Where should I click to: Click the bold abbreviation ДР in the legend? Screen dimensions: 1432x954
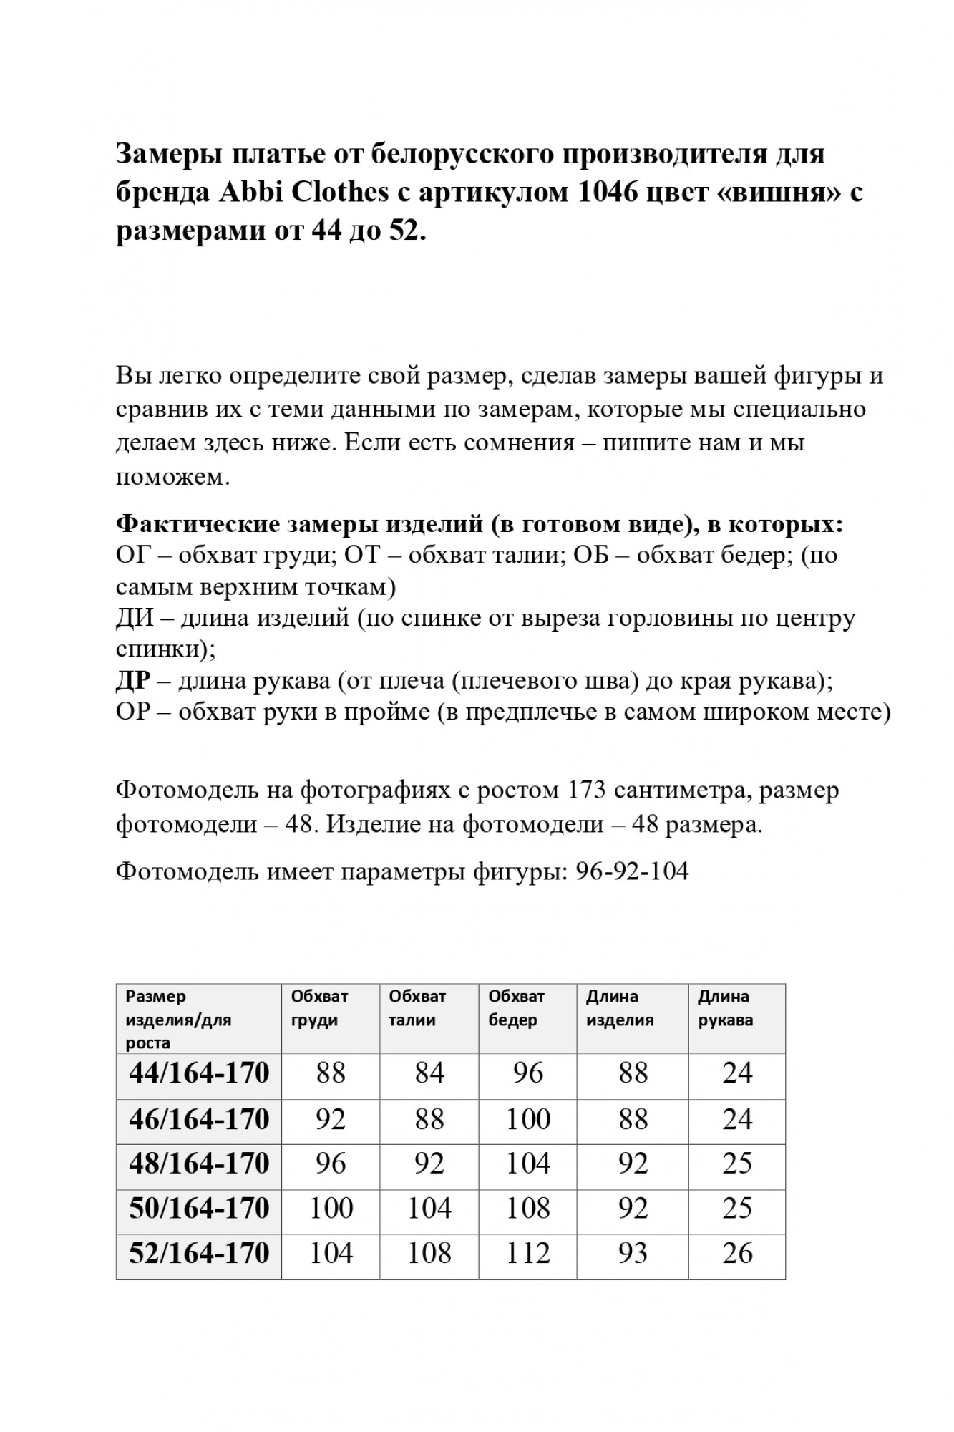click(133, 680)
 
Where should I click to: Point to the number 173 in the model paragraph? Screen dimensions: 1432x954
click(588, 790)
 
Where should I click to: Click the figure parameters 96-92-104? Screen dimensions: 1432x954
click(632, 871)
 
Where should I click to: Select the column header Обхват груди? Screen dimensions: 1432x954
click(319, 1007)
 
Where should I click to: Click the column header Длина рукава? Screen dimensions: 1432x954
click(725, 1007)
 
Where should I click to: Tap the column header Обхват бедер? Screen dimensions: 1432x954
click(516, 1007)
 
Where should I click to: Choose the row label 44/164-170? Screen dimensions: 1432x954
click(199, 1073)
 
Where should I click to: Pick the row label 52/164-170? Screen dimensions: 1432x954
click(199, 1253)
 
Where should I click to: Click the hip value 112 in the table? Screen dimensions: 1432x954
click(527, 1254)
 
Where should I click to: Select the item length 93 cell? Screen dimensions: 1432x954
click(633, 1254)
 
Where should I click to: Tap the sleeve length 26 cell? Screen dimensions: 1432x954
click(737, 1254)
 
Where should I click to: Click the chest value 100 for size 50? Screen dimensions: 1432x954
click(331, 1209)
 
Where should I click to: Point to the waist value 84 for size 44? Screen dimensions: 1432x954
click(429, 1073)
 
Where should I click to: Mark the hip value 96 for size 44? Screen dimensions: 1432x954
click(527, 1073)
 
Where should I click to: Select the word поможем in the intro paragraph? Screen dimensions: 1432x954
click(172, 477)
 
